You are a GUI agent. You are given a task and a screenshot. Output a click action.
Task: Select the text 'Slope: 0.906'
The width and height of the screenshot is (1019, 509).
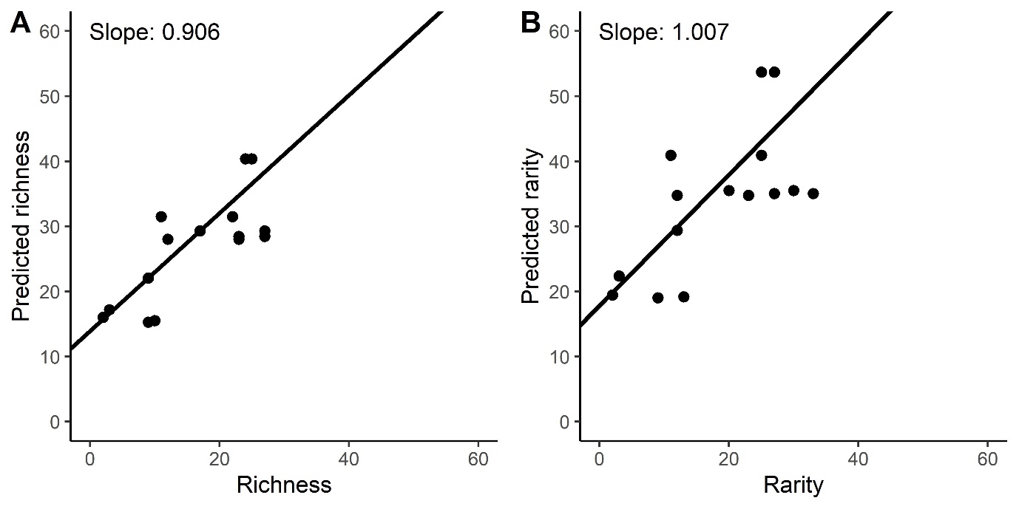point(155,33)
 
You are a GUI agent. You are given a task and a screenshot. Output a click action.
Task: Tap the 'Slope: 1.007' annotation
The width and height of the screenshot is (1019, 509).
point(664,33)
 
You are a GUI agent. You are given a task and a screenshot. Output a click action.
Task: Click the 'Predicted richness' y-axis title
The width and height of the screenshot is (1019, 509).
point(22,226)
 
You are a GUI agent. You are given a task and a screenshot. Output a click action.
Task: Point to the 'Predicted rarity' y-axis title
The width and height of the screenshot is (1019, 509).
point(532,226)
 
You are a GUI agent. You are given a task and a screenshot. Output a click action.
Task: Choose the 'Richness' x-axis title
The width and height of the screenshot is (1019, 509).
point(283,485)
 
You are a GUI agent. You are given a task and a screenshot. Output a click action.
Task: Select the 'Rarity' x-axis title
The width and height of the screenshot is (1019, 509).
point(793,485)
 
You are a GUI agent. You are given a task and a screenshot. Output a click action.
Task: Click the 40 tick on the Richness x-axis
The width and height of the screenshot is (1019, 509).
point(348,457)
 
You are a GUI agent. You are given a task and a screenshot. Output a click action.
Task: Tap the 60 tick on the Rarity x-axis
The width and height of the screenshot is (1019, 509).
point(987,457)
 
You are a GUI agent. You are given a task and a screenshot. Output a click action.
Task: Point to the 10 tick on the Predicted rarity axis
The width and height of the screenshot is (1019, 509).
point(563,357)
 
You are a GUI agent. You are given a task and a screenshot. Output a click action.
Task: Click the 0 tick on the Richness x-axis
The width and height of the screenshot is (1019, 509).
point(90,457)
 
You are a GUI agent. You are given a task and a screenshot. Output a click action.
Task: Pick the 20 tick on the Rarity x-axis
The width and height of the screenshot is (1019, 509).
point(728,457)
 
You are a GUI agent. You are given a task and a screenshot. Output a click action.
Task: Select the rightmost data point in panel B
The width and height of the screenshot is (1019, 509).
point(813,194)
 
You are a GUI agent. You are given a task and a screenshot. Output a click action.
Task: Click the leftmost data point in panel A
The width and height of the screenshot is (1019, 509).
point(103,317)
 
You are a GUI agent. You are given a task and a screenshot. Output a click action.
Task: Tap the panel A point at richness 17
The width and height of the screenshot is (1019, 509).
point(200,230)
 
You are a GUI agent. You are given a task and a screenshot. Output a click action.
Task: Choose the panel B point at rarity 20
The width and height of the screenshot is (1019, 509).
point(728,191)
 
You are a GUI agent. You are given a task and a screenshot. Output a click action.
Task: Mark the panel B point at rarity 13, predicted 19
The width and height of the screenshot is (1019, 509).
point(683,297)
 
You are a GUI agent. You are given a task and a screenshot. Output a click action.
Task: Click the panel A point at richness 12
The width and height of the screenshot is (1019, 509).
point(168,239)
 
